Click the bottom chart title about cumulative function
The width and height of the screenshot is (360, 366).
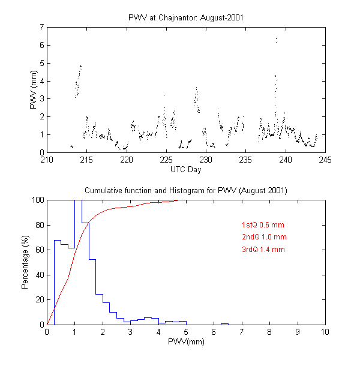[x=186, y=190]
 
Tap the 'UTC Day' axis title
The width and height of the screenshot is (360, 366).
[x=186, y=170]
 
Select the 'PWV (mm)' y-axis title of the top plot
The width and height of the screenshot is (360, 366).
[x=34, y=90]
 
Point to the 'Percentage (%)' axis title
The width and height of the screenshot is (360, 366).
[x=25, y=262]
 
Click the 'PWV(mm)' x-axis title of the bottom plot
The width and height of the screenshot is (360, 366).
[x=186, y=343]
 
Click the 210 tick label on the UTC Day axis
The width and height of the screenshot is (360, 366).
[x=47, y=160]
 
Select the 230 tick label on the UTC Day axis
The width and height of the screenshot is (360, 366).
[x=206, y=160]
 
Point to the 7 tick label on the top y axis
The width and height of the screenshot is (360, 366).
[x=41, y=27]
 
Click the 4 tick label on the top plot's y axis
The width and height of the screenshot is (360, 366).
[x=41, y=81]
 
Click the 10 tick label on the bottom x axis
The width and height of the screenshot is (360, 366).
[x=325, y=332]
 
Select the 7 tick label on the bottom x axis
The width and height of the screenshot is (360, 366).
[x=241, y=332]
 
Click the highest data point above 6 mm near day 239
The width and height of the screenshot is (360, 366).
[x=276, y=39]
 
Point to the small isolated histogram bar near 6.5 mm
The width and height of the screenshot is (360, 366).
[x=224, y=324]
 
